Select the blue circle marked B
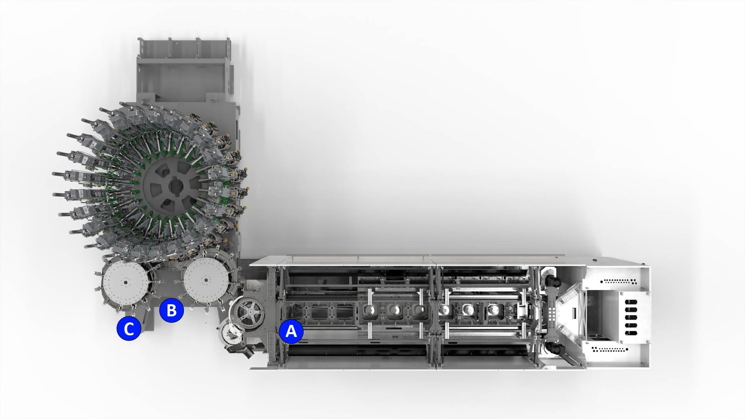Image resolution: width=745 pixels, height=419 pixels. pyautogui.click(x=171, y=310)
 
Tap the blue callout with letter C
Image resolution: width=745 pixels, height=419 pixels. pyautogui.click(x=129, y=328)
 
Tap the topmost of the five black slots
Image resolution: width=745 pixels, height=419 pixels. pyautogui.click(x=631, y=302)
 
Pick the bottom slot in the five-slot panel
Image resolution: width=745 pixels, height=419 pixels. pyautogui.click(x=631, y=333)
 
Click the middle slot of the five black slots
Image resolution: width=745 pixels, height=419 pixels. pyautogui.click(x=631, y=318)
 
